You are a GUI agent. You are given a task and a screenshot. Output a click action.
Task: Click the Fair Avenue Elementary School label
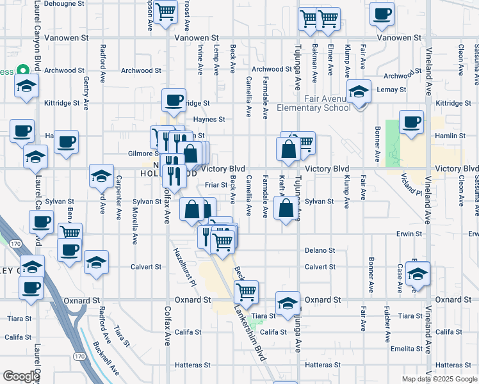click(314, 102)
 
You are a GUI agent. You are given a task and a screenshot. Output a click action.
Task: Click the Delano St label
click(316, 250)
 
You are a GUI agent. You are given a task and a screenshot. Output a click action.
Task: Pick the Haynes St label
click(209, 119)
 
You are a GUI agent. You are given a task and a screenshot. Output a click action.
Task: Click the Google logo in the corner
click(20, 376)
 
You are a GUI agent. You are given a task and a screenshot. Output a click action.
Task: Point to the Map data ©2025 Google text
click(439, 379)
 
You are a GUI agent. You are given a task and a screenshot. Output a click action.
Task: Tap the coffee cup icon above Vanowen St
click(382, 15)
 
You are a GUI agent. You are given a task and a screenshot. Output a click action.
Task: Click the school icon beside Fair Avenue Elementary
click(359, 92)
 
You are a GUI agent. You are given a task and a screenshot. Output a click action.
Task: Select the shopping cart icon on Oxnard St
click(246, 291)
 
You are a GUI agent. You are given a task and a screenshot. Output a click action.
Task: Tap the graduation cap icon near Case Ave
click(418, 273)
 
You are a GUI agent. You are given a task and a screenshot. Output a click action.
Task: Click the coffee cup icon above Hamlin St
click(411, 121)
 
